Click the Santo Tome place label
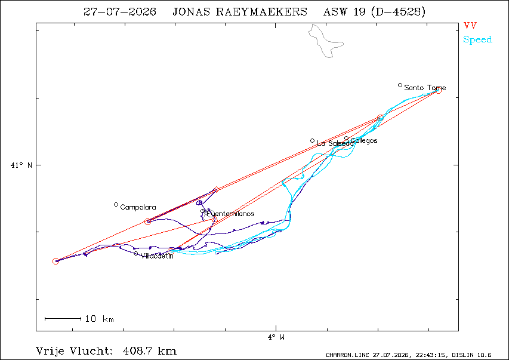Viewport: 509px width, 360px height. pyautogui.click(x=425, y=88)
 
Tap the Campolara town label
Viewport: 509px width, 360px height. pyautogui.click(x=138, y=207)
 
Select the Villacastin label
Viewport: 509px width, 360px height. pyautogui.click(x=157, y=256)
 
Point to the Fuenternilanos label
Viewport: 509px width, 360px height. pyautogui.click(x=230, y=214)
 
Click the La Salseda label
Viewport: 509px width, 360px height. pyautogui.click(x=335, y=143)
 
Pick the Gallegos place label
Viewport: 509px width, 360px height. pyautogui.click(x=364, y=141)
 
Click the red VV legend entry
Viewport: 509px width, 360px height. pyautogui.click(x=470, y=26)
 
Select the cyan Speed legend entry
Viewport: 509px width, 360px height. pyautogui.click(x=477, y=39)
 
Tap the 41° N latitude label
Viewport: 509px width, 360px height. pyautogui.click(x=21, y=165)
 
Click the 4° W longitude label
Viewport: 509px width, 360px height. pyautogui.click(x=276, y=337)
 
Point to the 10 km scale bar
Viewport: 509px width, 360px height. pyautogui.click(x=63, y=319)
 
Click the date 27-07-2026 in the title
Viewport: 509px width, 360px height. pyautogui.click(x=120, y=12)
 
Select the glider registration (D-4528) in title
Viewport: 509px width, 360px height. pyautogui.click(x=397, y=12)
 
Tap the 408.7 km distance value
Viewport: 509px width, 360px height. pyautogui.click(x=150, y=351)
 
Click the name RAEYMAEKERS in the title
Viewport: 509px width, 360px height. pyautogui.click(x=261, y=12)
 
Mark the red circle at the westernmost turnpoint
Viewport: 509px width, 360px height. pyautogui.click(x=55, y=261)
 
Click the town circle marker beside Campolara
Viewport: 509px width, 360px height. pyautogui.click(x=116, y=205)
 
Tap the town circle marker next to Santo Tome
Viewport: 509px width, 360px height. pyautogui.click(x=400, y=85)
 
